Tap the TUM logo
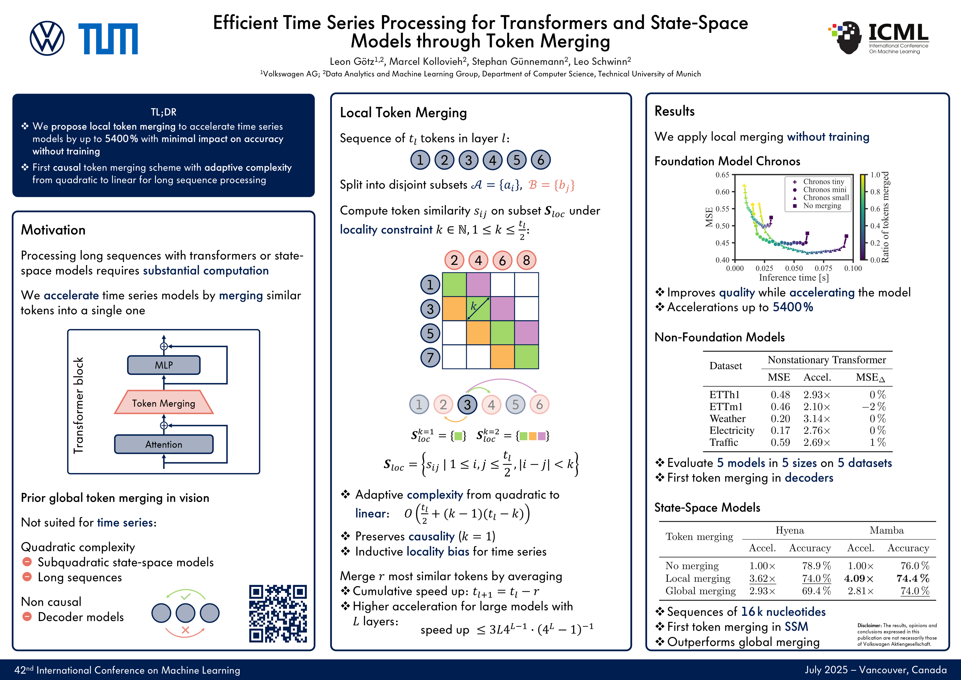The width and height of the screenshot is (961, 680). [x=108, y=38]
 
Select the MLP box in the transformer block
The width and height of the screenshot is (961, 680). [x=164, y=365]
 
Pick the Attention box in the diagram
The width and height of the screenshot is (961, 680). [x=164, y=444]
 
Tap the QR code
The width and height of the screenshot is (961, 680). [x=278, y=613]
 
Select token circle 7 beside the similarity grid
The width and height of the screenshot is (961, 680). [x=430, y=357]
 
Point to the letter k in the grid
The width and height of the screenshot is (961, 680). [x=473, y=306]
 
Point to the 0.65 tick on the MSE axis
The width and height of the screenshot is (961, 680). [x=722, y=175]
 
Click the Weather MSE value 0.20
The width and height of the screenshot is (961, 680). [x=780, y=419]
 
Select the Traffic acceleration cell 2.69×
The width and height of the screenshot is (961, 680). [x=816, y=442]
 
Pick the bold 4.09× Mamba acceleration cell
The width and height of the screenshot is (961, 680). [x=859, y=578]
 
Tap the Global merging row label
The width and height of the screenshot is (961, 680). [x=700, y=591]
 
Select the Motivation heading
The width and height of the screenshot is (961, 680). [x=53, y=230]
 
